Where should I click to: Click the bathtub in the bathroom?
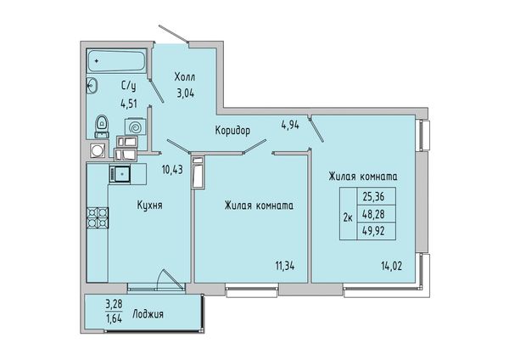click(116, 61)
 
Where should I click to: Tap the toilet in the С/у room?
click(102, 127)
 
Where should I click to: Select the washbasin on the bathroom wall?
click(92, 86)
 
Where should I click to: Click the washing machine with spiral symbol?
click(136, 126)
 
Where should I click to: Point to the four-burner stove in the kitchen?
click(98, 217)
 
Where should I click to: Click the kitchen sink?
click(120, 174)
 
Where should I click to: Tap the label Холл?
click(185, 77)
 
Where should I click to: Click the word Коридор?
click(232, 131)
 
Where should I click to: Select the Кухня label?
click(149, 205)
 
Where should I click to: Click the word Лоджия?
click(148, 314)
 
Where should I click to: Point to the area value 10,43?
click(172, 169)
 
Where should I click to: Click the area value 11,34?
click(285, 266)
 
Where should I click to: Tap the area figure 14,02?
click(391, 266)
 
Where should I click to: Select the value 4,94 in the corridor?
click(290, 125)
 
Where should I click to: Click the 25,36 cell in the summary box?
click(376, 196)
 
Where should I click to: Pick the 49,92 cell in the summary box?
click(376, 231)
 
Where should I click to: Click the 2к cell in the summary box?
click(349, 214)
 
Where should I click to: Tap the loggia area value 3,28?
click(114, 305)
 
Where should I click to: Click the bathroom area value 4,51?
click(129, 104)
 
